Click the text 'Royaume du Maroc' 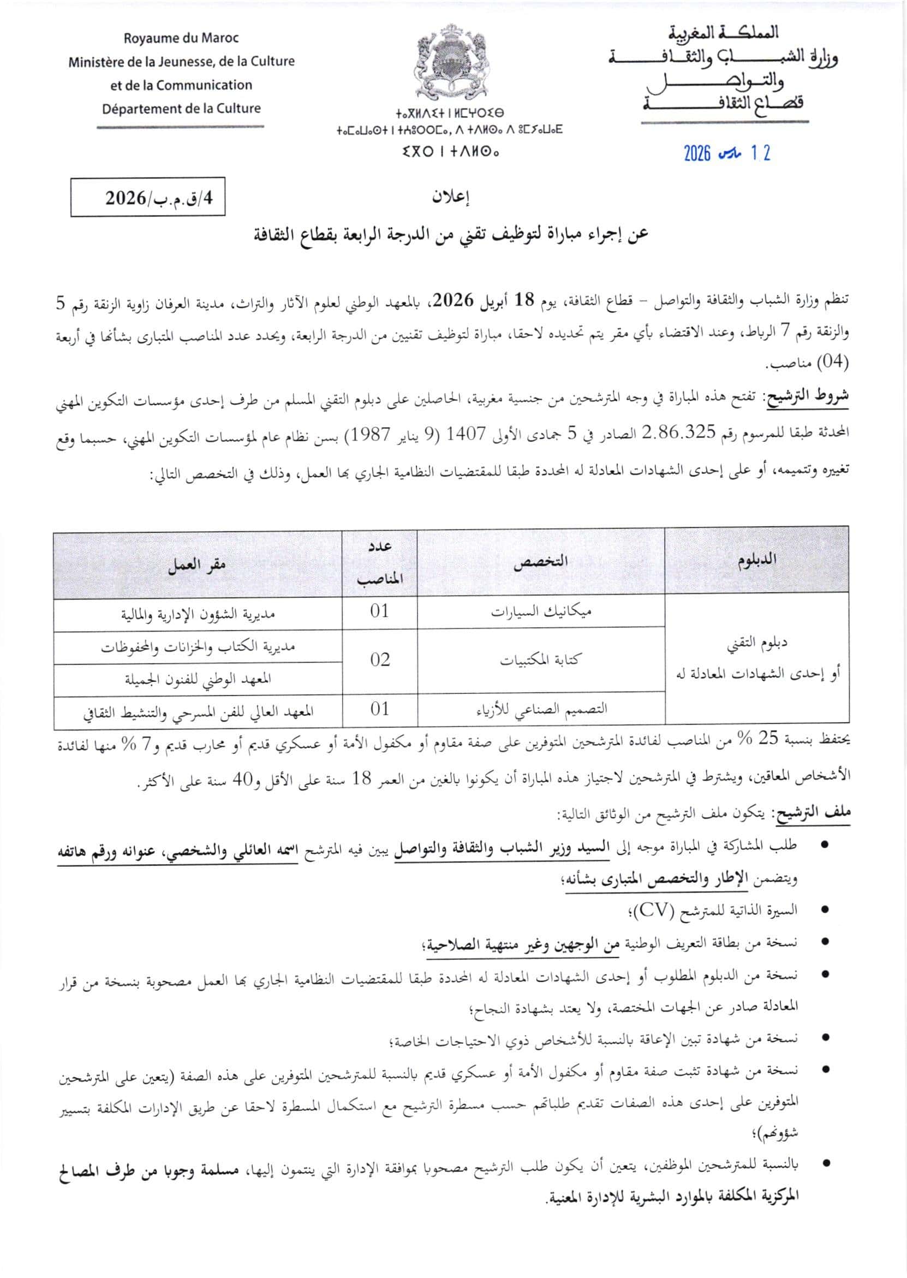pos(181,39)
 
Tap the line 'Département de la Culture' pos(181,108)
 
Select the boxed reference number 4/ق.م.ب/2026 pos(148,197)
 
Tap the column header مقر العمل pos(197,564)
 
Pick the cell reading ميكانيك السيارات pos(541,611)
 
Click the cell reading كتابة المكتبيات pos(540,660)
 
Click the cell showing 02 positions pos(380,659)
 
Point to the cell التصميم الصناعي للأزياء pos(540,709)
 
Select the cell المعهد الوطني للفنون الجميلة pos(198,679)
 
